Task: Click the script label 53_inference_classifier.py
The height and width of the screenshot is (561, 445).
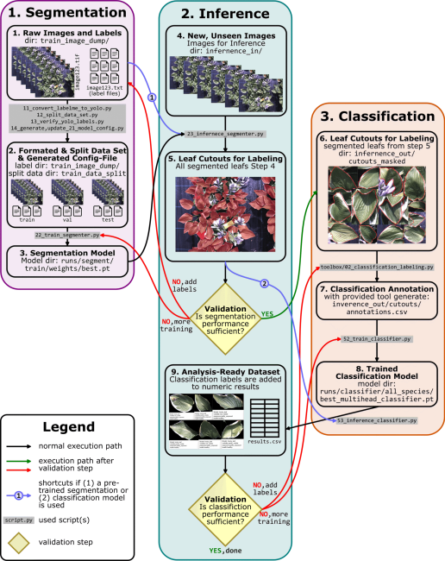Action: coord(377,419)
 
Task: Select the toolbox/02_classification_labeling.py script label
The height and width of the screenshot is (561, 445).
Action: coord(376,268)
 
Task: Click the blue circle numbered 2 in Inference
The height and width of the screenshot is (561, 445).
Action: coord(265,283)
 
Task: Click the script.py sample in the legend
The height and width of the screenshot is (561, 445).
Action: coord(18,520)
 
